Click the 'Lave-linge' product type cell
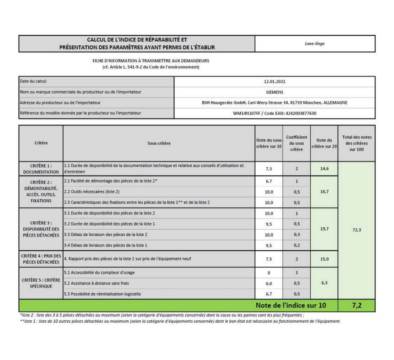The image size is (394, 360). (x=315, y=44)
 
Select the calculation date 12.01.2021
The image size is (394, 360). (x=275, y=81)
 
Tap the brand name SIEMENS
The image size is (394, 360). (x=275, y=92)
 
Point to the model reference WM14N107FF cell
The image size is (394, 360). (x=275, y=113)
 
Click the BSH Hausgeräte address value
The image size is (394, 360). (x=275, y=103)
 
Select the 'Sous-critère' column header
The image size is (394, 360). (x=159, y=143)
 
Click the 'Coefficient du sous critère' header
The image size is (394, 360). (x=296, y=143)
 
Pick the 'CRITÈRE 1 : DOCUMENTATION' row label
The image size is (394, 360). (x=41, y=169)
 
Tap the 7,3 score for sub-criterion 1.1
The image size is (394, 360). (x=269, y=169)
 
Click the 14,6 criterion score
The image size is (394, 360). (x=324, y=169)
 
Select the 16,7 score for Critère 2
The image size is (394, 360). (x=324, y=192)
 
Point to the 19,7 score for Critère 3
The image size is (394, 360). (x=324, y=229)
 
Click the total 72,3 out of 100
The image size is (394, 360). (x=356, y=230)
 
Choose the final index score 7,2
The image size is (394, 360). (x=356, y=305)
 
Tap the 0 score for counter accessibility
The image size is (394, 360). (x=269, y=273)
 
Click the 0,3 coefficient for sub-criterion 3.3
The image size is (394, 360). (x=296, y=235)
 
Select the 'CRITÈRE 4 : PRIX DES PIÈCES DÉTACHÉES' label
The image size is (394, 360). (x=41, y=259)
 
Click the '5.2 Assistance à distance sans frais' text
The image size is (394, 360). (x=97, y=283)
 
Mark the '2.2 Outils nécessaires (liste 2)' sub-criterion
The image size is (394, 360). (x=92, y=192)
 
